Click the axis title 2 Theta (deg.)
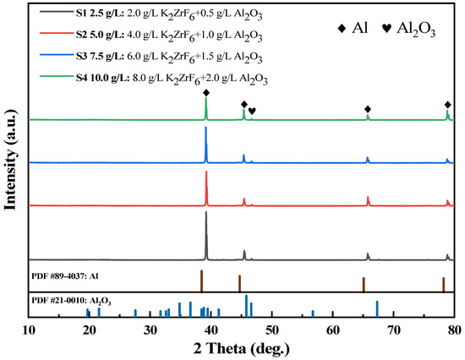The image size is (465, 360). point(242,348)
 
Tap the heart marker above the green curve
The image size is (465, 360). point(252,111)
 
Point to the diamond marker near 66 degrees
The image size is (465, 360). point(368,109)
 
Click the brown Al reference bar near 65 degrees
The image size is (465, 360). point(364,284)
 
